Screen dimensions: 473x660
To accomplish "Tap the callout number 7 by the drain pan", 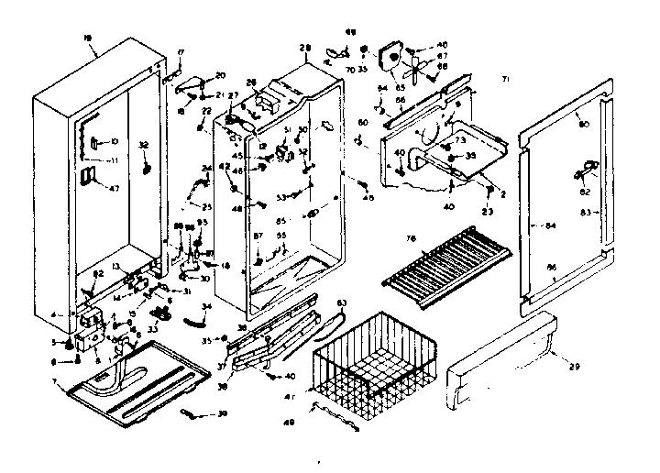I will click(x=59, y=379).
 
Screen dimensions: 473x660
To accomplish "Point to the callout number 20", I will click(x=220, y=75).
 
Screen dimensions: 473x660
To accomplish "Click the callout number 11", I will click(x=116, y=160).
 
